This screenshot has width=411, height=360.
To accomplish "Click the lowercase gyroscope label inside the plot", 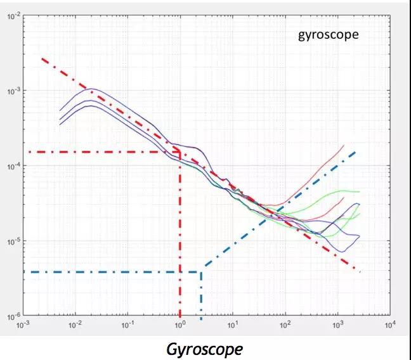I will coord(328,34).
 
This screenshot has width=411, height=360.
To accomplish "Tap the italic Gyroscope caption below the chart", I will coord(204,349).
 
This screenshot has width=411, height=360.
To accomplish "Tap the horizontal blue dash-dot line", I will coord(114,272).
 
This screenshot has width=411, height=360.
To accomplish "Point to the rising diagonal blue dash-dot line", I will coord(285,203).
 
